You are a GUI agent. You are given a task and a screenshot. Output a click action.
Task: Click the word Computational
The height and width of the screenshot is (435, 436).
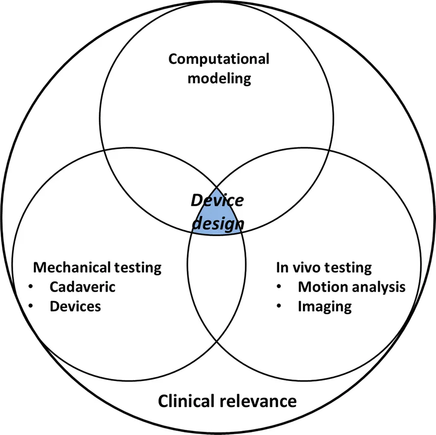click(219, 59)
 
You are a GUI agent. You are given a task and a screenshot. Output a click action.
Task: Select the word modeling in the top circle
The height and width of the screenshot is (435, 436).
click(219, 78)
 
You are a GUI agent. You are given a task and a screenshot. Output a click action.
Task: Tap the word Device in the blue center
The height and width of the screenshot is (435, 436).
click(217, 200)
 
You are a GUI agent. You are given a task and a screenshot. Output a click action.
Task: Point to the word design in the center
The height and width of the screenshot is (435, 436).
click(217, 223)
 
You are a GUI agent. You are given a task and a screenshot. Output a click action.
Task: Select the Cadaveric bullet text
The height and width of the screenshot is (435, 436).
click(82, 287)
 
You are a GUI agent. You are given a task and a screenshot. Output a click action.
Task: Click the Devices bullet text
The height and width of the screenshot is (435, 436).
click(75, 306)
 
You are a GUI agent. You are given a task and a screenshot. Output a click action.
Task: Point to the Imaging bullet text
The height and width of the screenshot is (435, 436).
click(325, 307)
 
